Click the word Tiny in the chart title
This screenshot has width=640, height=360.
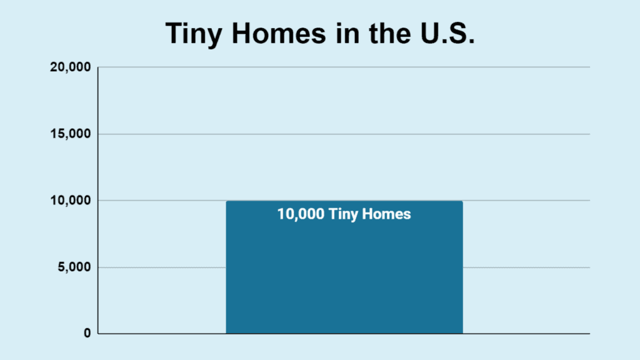[x=194, y=34]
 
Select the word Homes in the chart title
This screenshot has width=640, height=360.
[x=279, y=32]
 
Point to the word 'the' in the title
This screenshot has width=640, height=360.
[x=390, y=32]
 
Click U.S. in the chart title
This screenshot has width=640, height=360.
[x=447, y=32]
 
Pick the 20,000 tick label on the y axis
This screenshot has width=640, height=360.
[x=70, y=67]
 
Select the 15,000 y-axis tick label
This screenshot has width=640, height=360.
[x=70, y=134]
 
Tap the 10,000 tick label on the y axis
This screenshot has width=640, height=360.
[x=70, y=201]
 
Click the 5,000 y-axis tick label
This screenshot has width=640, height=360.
[x=74, y=267]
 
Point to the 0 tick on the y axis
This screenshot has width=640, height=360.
[x=87, y=334]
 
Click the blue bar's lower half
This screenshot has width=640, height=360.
[x=344, y=301]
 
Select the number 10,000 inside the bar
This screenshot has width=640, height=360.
[x=301, y=214]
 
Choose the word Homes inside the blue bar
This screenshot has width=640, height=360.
[x=386, y=214]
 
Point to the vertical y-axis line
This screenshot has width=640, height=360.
[x=98, y=201]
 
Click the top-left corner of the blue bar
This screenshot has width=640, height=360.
[x=226, y=201]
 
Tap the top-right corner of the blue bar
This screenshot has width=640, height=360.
[x=463, y=201]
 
